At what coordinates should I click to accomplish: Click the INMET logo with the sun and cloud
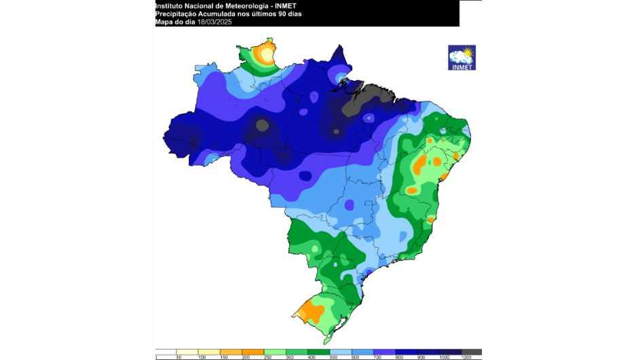click(x=462, y=57)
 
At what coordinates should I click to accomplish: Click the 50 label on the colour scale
click(x=179, y=357)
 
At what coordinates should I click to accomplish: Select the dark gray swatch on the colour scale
click(x=472, y=350)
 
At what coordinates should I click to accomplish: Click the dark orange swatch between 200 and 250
click(x=252, y=350)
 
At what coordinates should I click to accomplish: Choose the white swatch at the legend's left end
click(x=166, y=350)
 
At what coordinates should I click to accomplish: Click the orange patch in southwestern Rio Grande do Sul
click(x=312, y=310)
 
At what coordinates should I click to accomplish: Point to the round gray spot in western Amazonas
click(x=261, y=124)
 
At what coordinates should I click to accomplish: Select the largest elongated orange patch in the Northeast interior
click(x=419, y=164)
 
